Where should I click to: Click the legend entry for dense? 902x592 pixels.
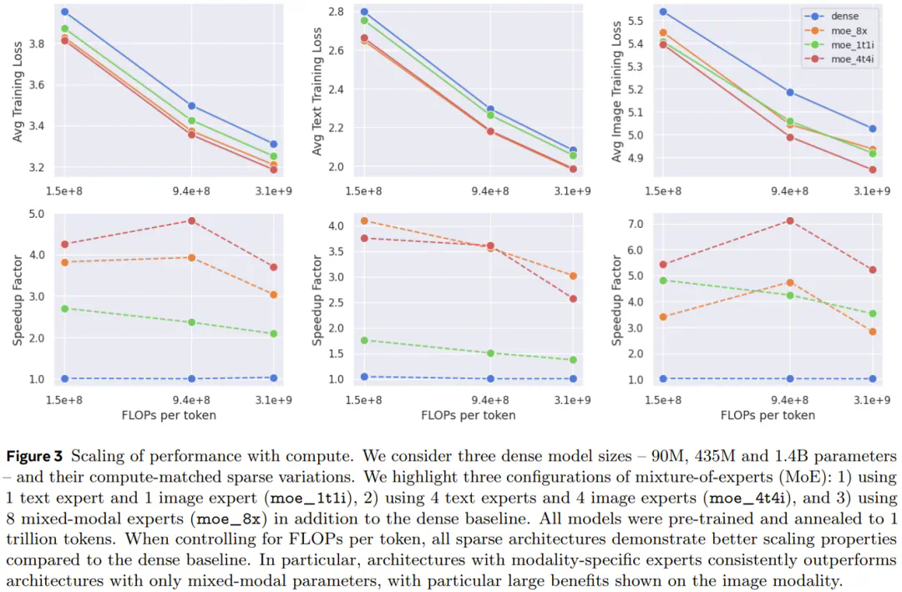(x=844, y=16)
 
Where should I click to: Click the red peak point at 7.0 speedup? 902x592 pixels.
(x=789, y=220)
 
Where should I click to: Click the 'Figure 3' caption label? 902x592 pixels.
(x=36, y=457)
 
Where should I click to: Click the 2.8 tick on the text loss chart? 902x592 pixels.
(x=336, y=12)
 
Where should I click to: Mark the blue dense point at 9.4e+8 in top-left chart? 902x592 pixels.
(x=191, y=106)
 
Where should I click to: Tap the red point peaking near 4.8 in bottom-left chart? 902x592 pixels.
(x=191, y=221)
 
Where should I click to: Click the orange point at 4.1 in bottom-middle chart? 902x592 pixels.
(x=364, y=221)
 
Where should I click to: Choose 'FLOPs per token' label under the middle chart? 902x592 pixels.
(x=468, y=415)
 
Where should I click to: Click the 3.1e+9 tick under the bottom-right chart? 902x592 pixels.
(x=872, y=400)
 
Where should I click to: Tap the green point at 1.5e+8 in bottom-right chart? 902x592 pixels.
(x=663, y=281)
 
